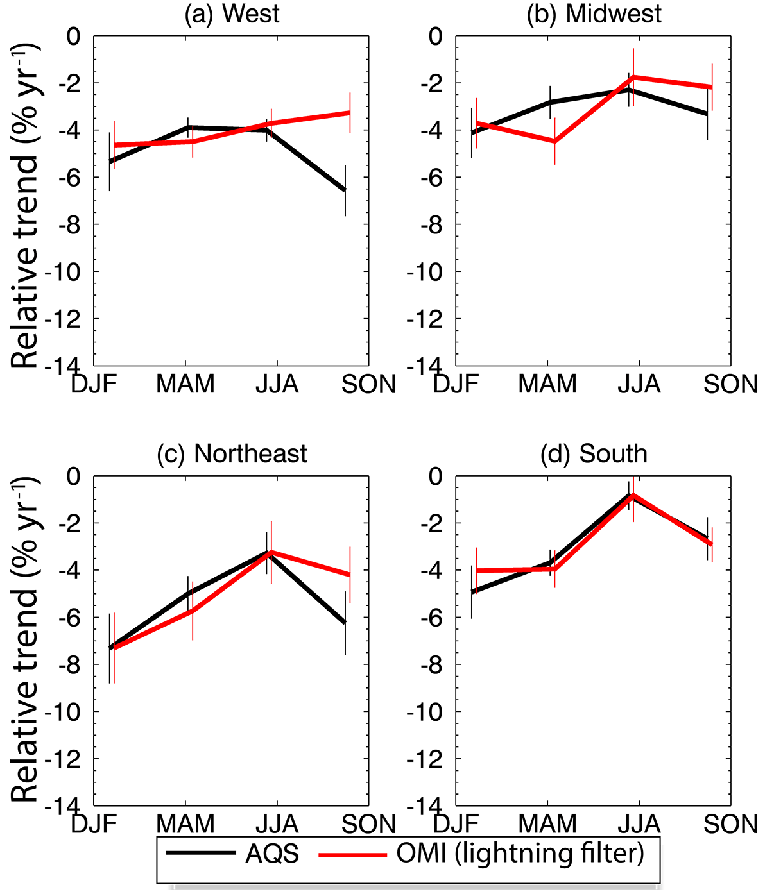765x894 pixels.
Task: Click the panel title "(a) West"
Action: [x=232, y=14]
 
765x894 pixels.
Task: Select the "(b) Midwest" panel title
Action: [x=594, y=14]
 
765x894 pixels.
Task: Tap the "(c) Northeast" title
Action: [x=232, y=453]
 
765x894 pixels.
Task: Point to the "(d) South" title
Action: [x=594, y=453]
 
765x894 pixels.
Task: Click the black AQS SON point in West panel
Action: [x=345, y=190]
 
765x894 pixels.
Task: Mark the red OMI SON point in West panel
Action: [x=350, y=112]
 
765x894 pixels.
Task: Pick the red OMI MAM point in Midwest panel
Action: [x=554, y=141]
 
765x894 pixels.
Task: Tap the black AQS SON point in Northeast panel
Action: [x=345, y=623]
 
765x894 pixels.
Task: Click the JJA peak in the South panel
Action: [x=632, y=495]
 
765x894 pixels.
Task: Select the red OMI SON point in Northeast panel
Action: [x=350, y=575]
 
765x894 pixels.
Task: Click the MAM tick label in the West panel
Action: [x=185, y=384]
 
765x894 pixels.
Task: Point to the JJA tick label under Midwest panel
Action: [x=639, y=384]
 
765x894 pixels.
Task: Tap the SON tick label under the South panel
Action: [x=731, y=824]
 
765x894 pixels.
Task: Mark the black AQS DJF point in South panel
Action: [x=472, y=592]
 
